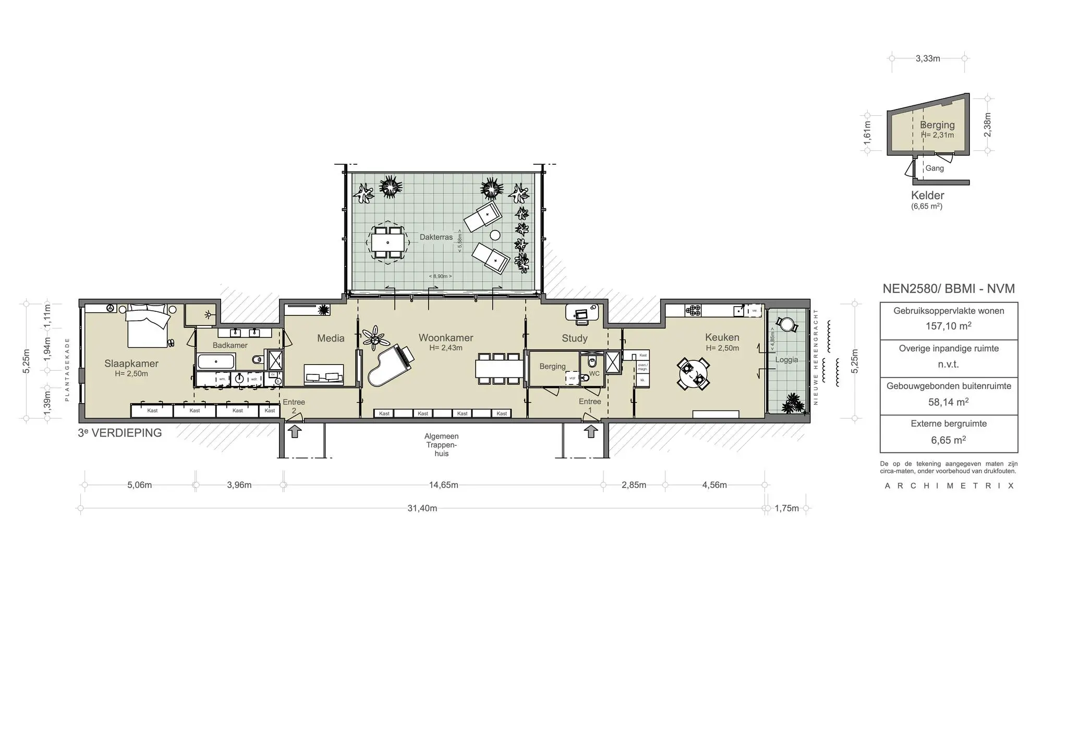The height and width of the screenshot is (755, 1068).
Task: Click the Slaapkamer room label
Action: click(x=131, y=363)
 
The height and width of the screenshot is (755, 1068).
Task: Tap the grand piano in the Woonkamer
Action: click(x=389, y=365)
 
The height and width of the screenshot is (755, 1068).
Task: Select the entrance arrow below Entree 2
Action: click(x=295, y=431)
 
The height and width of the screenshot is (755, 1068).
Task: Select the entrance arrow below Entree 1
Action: click(x=591, y=431)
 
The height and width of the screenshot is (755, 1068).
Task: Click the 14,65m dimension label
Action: click(x=443, y=485)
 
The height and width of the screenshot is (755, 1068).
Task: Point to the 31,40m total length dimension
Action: click(x=422, y=508)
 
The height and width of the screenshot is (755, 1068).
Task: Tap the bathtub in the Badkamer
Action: click(x=216, y=361)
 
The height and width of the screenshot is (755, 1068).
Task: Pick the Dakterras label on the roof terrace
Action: click(x=436, y=237)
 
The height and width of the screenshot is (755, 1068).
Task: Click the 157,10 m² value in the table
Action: click(x=949, y=326)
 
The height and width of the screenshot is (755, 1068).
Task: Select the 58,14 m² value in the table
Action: click(x=949, y=402)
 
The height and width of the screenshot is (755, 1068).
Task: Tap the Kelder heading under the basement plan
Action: click(x=927, y=196)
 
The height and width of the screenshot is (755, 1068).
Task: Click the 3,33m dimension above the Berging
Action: click(x=928, y=58)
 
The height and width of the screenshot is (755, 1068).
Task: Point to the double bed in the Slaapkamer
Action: click(x=148, y=326)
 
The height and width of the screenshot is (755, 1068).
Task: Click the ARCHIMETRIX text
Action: click(x=949, y=486)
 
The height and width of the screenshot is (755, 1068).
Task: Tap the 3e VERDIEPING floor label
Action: click(x=120, y=433)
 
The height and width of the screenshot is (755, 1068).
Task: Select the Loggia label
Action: click(x=786, y=360)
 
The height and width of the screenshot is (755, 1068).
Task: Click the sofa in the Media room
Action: click(x=324, y=374)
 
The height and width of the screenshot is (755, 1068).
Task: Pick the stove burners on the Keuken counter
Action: click(x=693, y=311)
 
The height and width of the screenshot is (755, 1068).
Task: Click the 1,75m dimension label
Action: click(x=786, y=508)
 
